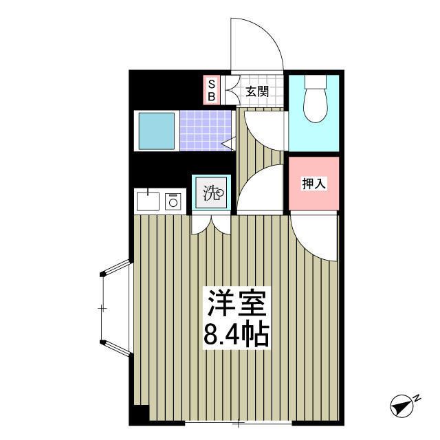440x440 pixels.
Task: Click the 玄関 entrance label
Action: (256, 91)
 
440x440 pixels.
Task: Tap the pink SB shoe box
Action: (212, 90)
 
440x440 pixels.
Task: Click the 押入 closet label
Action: (313, 184)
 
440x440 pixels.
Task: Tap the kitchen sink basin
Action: (148, 201)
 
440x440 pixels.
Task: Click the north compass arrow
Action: (402, 405)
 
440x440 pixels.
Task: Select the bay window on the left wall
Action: (114, 307)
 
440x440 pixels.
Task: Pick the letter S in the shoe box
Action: (212, 83)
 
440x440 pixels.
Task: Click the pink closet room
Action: (313, 184)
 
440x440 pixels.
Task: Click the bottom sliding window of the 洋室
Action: (239, 420)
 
